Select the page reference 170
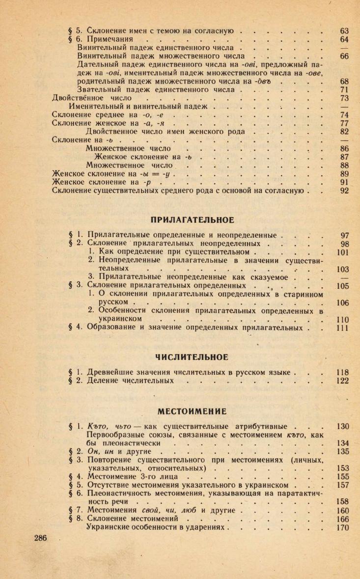pos(342,528)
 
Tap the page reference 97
pos(344,235)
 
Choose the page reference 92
pos(344,191)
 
